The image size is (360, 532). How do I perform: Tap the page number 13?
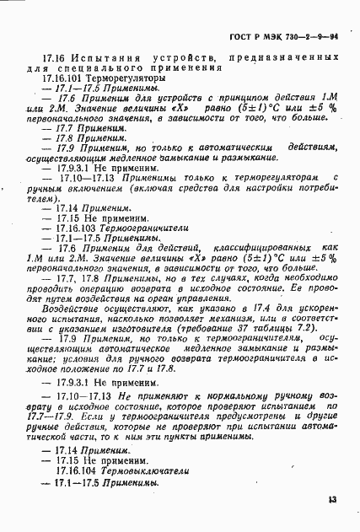[x=332, y=501]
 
